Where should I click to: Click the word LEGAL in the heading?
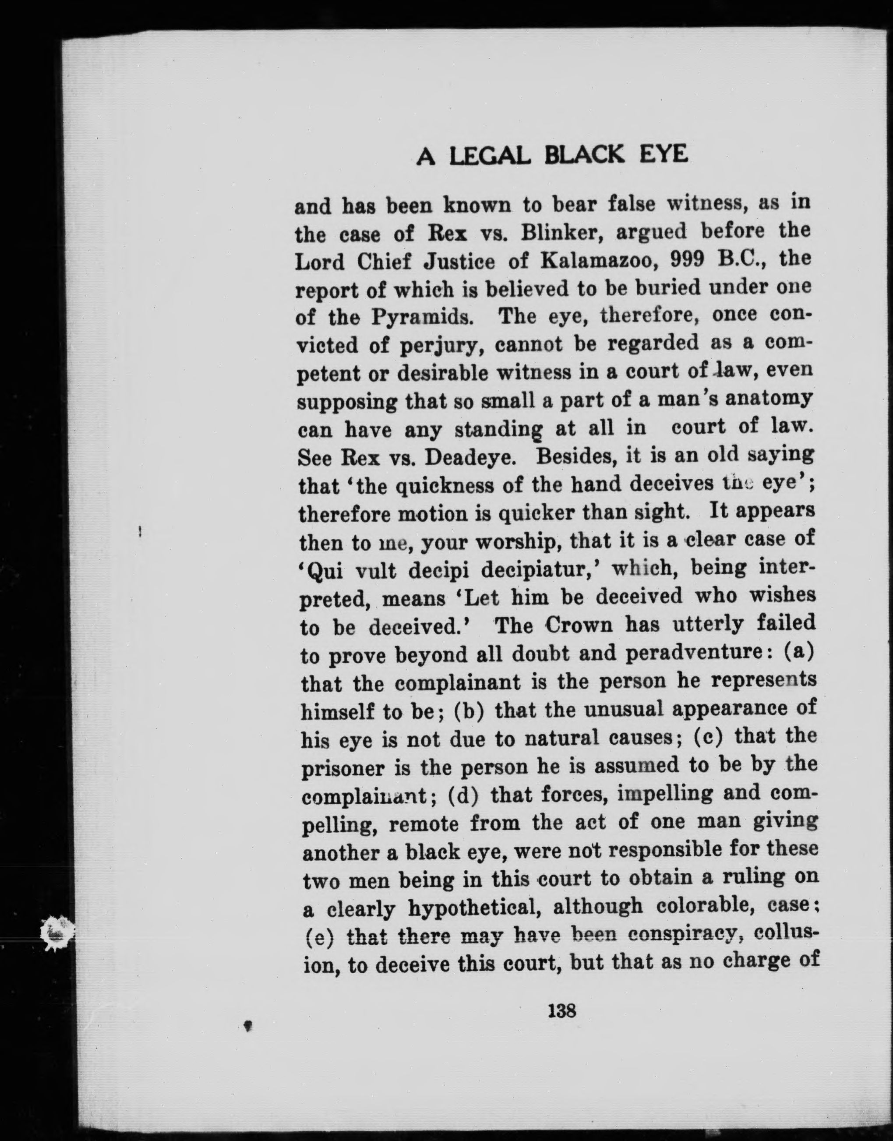pos(491,155)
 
